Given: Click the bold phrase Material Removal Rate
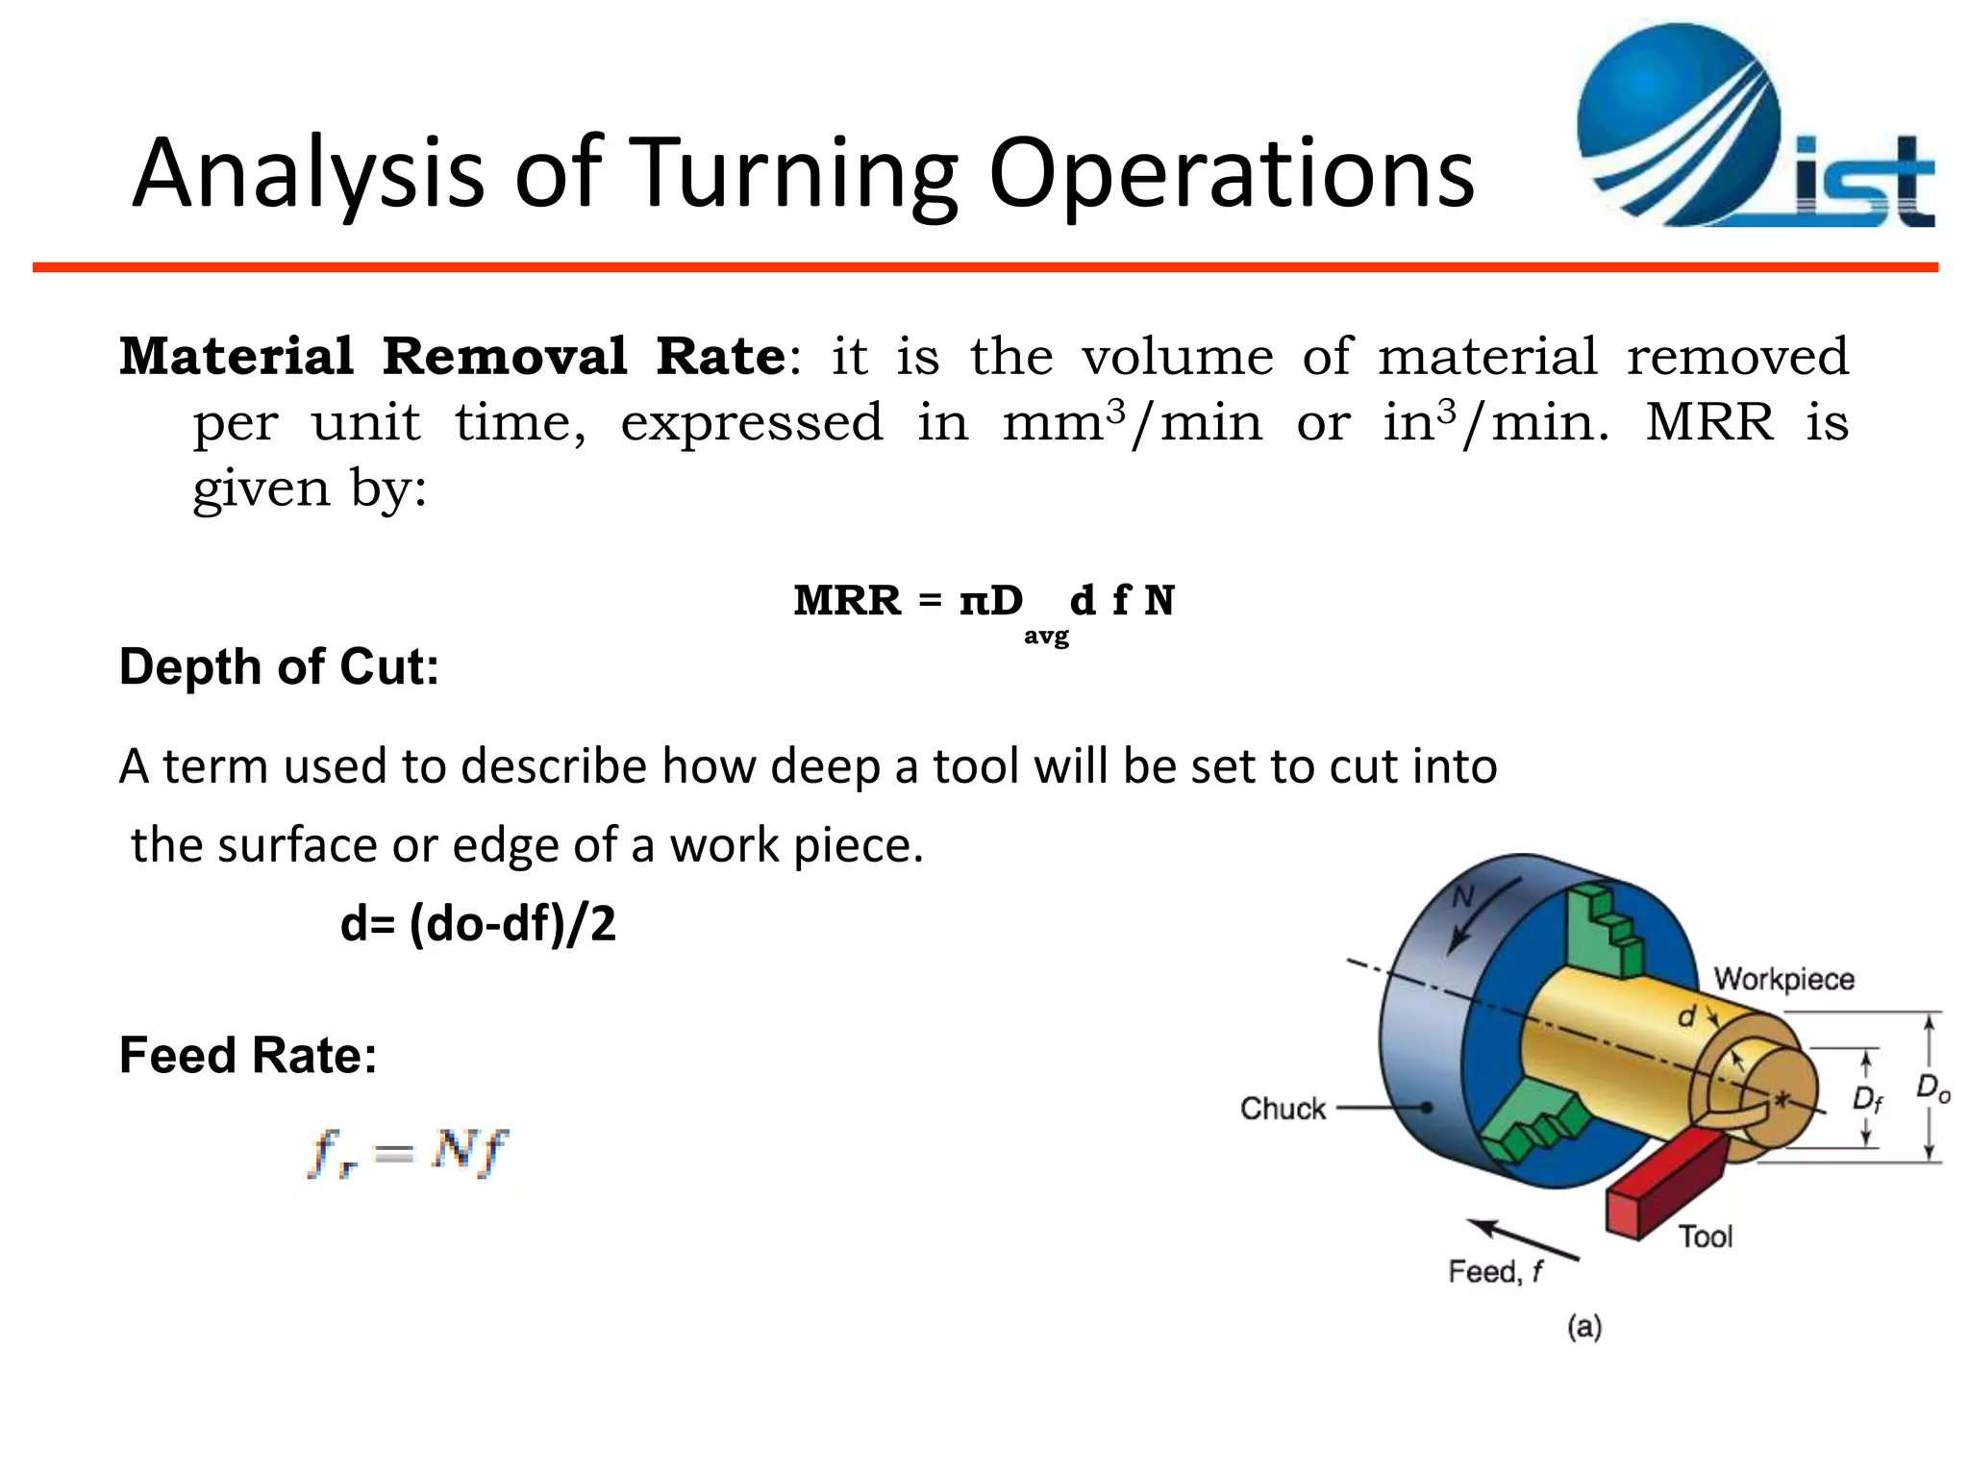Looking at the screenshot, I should pyautogui.click(x=453, y=357).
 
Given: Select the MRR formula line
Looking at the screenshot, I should pyautogui.click(x=984, y=602).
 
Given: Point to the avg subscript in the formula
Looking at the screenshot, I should pyautogui.click(x=1046, y=636).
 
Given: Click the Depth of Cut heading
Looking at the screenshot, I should pyautogui.click(x=279, y=666).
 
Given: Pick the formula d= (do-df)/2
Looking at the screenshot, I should pyautogui.click(x=478, y=924).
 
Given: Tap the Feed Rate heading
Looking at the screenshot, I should pyautogui.click(x=248, y=1055).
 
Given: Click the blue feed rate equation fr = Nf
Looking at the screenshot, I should pyautogui.click(x=408, y=1151).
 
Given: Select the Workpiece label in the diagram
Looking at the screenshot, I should pyautogui.click(x=1783, y=979).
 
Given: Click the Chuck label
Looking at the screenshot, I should pyautogui.click(x=1283, y=1108).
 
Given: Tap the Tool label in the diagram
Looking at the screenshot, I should pyautogui.click(x=1706, y=1236).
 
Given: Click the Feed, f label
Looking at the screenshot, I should pyautogui.click(x=1496, y=1271).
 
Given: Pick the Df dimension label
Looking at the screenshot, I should pyautogui.click(x=1867, y=1099).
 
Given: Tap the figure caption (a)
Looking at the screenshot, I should pyautogui.click(x=1584, y=1327).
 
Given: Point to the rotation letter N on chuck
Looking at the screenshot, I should pyautogui.click(x=1462, y=897).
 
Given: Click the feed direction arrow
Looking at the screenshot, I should pyautogui.click(x=1523, y=1239).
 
